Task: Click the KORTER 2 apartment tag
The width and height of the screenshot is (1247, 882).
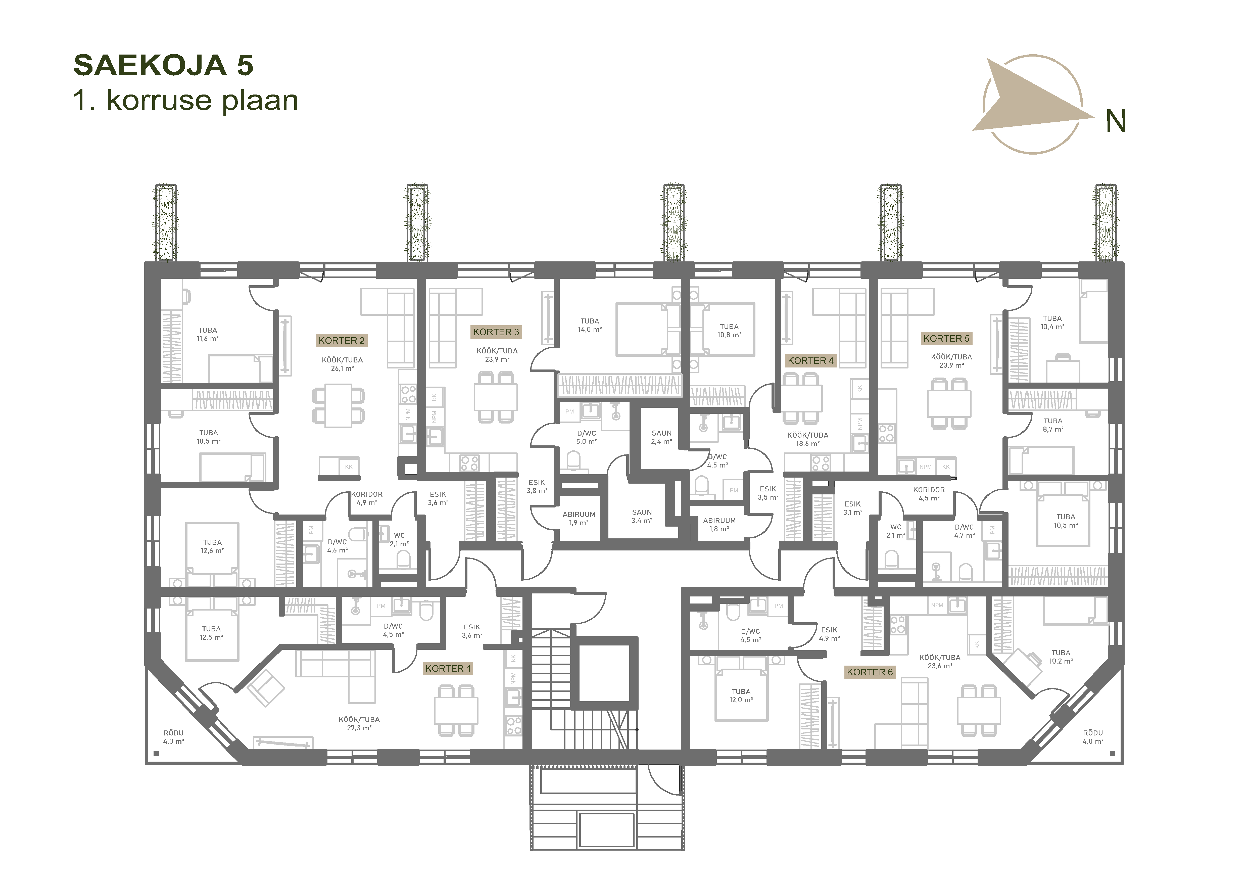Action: click(x=342, y=341)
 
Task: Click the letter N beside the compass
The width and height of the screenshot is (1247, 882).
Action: click(x=1116, y=121)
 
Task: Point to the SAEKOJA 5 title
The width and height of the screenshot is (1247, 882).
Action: click(x=164, y=65)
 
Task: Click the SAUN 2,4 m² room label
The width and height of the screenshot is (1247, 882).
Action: click(x=661, y=437)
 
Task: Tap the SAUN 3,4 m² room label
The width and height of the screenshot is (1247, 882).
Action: click(x=642, y=517)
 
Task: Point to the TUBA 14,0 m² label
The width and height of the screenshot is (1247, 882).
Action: click(x=590, y=325)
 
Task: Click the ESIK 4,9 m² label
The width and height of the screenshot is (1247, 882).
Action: click(x=829, y=634)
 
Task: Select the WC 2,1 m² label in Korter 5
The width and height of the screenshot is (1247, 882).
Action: click(x=896, y=531)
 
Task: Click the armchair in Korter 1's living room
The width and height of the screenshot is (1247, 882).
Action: click(x=266, y=687)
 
